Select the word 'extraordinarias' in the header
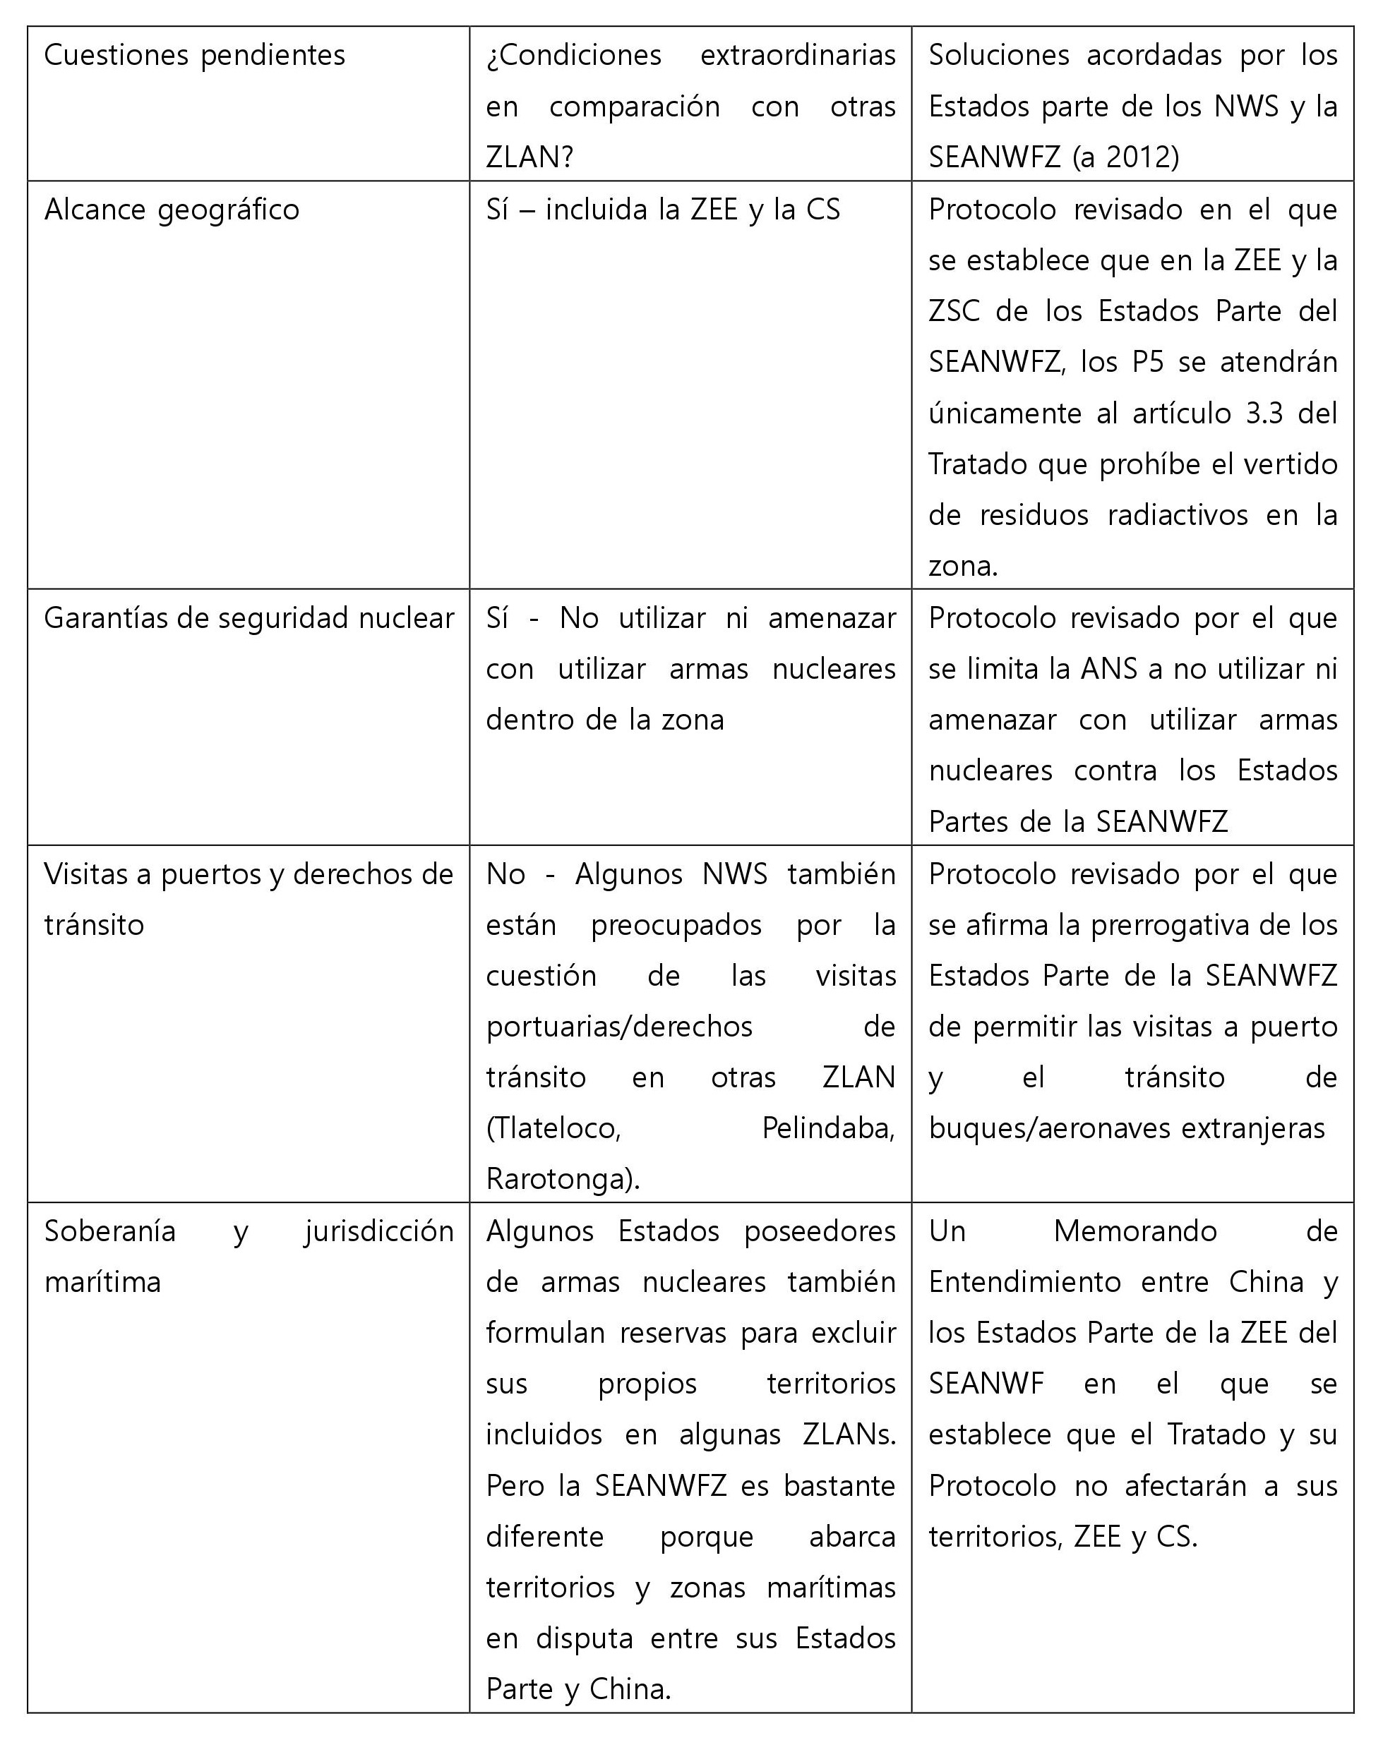coord(797,56)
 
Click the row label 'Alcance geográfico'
coord(171,210)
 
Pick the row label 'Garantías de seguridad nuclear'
coord(248,618)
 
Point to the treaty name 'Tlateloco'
coord(553,1128)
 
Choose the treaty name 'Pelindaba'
coord(827,1128)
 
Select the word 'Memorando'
coord(1134,1231)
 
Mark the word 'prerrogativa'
coord(1175,925)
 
